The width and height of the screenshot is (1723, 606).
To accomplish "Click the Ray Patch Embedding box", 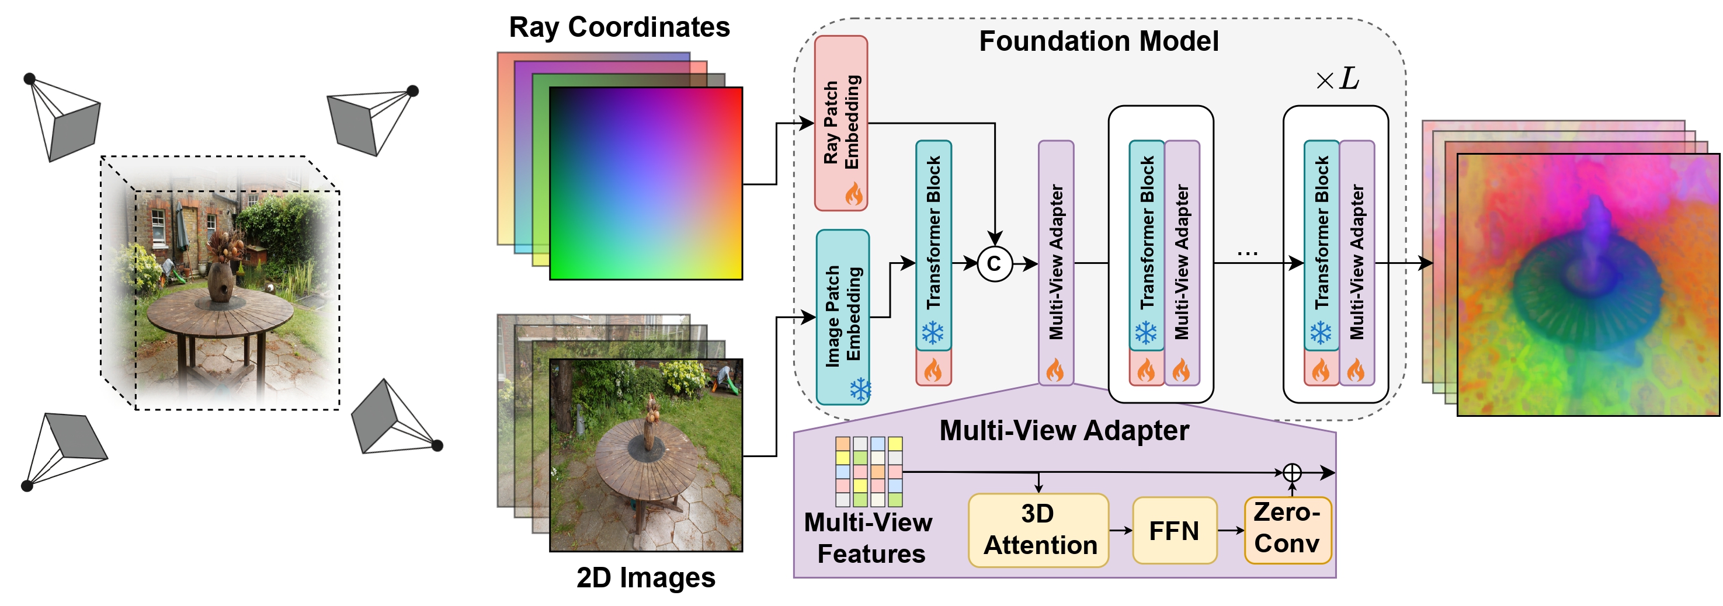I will pyautogui.click(x=840, y=123).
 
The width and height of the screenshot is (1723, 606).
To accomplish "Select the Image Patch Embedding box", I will pyautogui.click(x=843, y=316).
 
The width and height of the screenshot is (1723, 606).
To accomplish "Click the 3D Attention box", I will pyautogui.click(x=1038, y=530).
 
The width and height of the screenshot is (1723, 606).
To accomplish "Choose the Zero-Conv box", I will pyautogui.click(x=1287, y=529).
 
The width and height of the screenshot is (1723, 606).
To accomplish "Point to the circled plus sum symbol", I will pyautogui.click(x=1292, y=473).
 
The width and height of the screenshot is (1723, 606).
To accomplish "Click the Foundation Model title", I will pyautogui.click(x=1098, y=41).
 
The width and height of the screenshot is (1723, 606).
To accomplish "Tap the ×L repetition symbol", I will pyautogui.click(x=1337, y=79).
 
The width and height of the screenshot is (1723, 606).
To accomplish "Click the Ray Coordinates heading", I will pyautogui.click(x=619, y=27).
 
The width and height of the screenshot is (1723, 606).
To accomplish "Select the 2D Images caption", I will pyautogui.click(x=645, y=577).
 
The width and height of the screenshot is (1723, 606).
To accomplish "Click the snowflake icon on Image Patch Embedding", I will pyautogui.click(x=860, y=389).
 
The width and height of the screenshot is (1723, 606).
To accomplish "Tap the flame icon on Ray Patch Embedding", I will pyautogui.click(x=853, y=194).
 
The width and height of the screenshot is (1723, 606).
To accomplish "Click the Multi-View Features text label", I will pyautogui.click(x=869, y=538).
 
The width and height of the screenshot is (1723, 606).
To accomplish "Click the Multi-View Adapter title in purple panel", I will pyautogui.click(x=1064, y=430).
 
